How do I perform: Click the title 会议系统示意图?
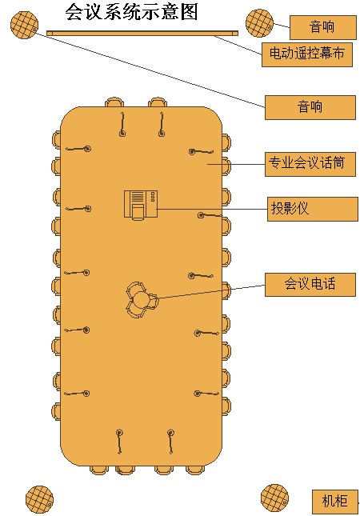point(131,13)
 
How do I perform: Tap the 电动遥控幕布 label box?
point(307,54)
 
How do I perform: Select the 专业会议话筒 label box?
point(310,164)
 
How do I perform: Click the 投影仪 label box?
point(312,209)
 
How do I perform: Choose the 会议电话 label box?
point(310,284)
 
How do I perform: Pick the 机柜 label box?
point(334,502)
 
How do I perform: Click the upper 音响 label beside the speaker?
point(323,27)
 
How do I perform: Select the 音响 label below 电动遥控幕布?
point(310,107)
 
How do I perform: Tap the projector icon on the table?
point(141,205)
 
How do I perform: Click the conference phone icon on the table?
point(141,300)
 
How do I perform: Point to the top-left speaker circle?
point(24,25)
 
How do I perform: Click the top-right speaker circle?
point(259,22)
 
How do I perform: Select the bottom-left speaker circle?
point(39,498)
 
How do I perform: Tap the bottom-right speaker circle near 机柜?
point(274,498)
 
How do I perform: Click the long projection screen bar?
point(142,33)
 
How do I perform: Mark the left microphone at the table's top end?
point(122,125)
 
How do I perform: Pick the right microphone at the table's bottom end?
point(170,442)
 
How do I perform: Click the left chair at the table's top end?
point(114,102)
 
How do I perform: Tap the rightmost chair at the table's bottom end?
point(195,470)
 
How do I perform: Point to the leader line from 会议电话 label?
point(211,291)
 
